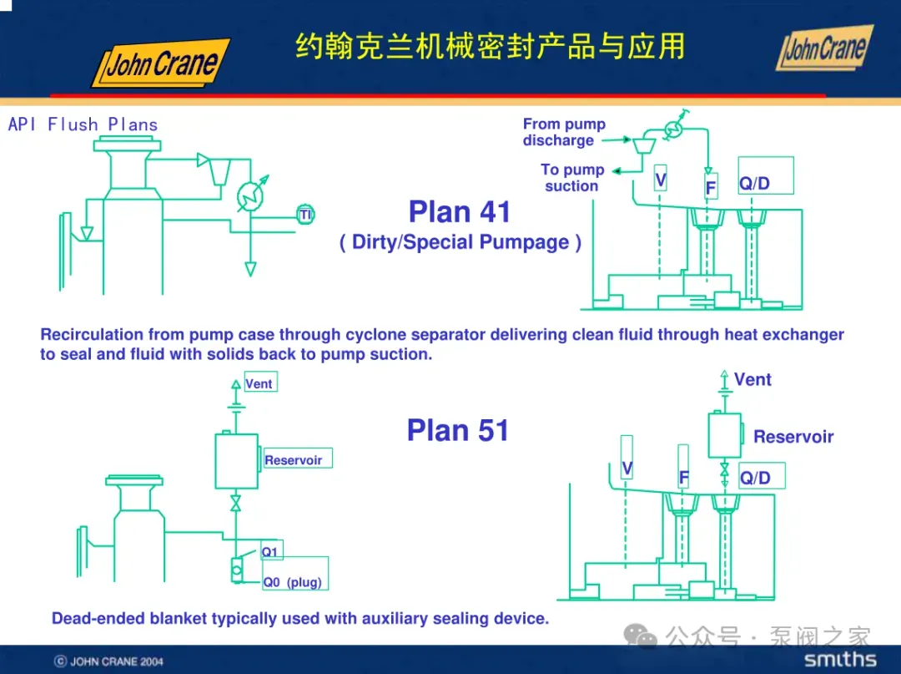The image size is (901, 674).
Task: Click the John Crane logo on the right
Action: [824, 48]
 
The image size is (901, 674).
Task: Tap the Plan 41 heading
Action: [460, 212]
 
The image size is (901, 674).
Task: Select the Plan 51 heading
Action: [457, 430]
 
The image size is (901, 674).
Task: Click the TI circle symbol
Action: [306, 215]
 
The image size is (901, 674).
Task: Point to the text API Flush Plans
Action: [83, 124]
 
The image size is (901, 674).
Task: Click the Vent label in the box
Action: [259, 383]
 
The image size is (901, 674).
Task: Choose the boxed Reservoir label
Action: [294, 460]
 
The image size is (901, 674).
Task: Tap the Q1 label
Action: [270, 552]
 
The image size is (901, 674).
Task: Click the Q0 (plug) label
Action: [292, 582]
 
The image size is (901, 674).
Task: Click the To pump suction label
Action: [572, 177]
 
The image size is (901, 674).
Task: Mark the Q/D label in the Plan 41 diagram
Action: [754, 183]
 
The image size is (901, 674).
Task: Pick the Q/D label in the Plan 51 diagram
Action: [755, 478]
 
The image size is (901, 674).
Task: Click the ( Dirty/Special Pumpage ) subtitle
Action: [460, 243]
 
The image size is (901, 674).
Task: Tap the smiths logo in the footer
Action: [839, 660]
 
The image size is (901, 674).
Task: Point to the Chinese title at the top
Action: [491, 47]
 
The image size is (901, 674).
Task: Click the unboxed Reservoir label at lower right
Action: [793, 437]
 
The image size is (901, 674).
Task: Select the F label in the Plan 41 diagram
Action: [710, 188]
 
